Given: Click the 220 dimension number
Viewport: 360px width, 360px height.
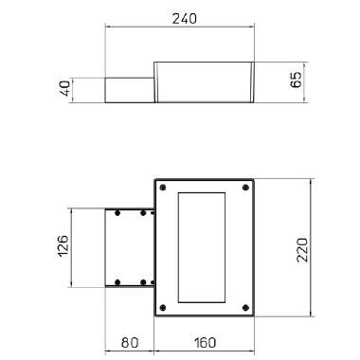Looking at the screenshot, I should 301,249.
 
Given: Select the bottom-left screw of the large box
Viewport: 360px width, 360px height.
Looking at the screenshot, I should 164,308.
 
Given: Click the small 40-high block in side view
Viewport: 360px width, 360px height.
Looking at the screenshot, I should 127,89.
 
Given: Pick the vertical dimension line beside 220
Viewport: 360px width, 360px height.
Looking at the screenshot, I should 311,248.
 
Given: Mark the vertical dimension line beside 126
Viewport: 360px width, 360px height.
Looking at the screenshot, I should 74,248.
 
